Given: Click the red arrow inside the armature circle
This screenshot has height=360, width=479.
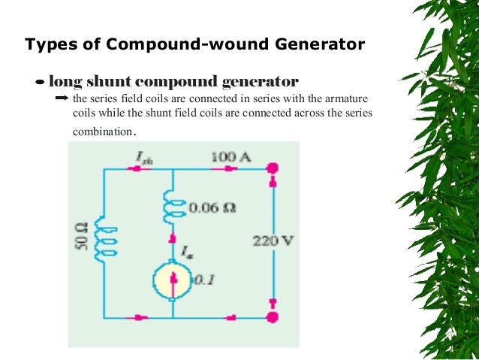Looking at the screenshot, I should tap(173, 281).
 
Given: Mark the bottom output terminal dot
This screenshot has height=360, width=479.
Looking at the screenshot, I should tap(273, 317).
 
